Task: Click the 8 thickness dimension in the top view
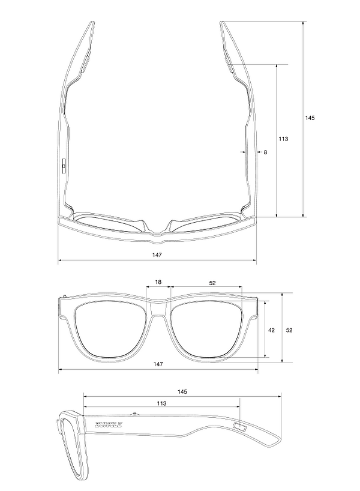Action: coord(265,152)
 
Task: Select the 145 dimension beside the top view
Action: coord(310,118)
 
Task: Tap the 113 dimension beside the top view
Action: coord(283,139)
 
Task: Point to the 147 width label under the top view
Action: coord(157,255)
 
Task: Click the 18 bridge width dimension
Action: coord(158,282)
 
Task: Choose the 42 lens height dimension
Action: coord(271,330)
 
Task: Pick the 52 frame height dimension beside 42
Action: coord(289,330)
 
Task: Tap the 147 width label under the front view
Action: coord(157,364)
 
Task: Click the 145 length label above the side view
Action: coord(182,391)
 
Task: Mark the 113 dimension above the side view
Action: coord(161,404)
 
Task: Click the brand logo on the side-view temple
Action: coord(108,425)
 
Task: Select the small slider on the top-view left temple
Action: coord(62,164)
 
